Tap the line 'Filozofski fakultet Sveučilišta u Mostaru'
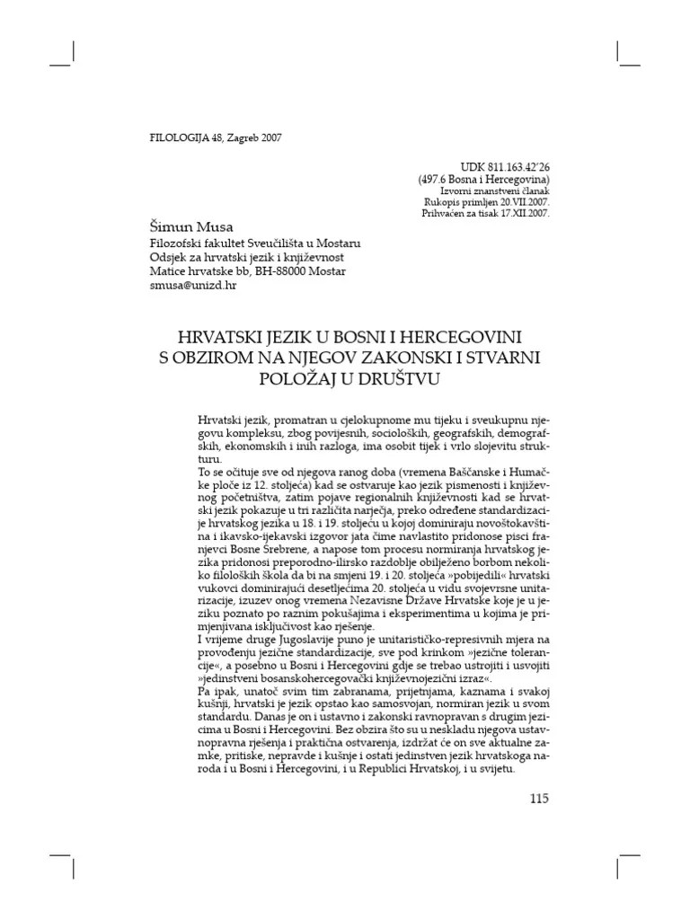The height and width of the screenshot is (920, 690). click(255, 243)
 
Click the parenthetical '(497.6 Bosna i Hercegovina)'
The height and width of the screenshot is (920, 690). click(483, 180)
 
